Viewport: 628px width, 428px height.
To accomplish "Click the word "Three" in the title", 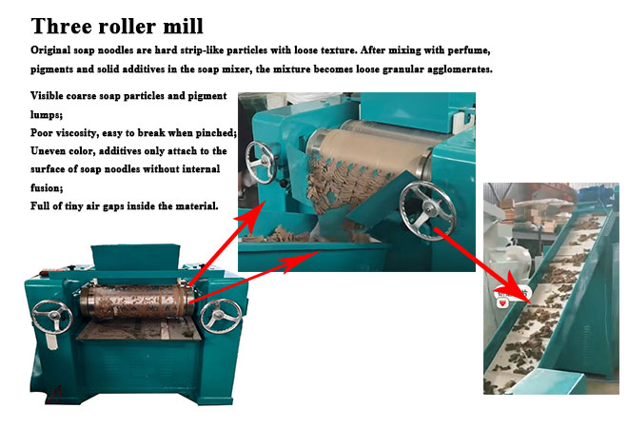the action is pos(61,27).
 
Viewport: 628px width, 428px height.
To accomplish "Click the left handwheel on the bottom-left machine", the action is pos(52,317).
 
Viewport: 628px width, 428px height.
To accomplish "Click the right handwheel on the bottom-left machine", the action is pos(221,316).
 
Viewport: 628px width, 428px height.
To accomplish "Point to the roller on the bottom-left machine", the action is pos(137,302).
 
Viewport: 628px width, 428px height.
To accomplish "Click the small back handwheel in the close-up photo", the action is pos(261,162).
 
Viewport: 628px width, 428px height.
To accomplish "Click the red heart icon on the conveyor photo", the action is pos(503,303).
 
